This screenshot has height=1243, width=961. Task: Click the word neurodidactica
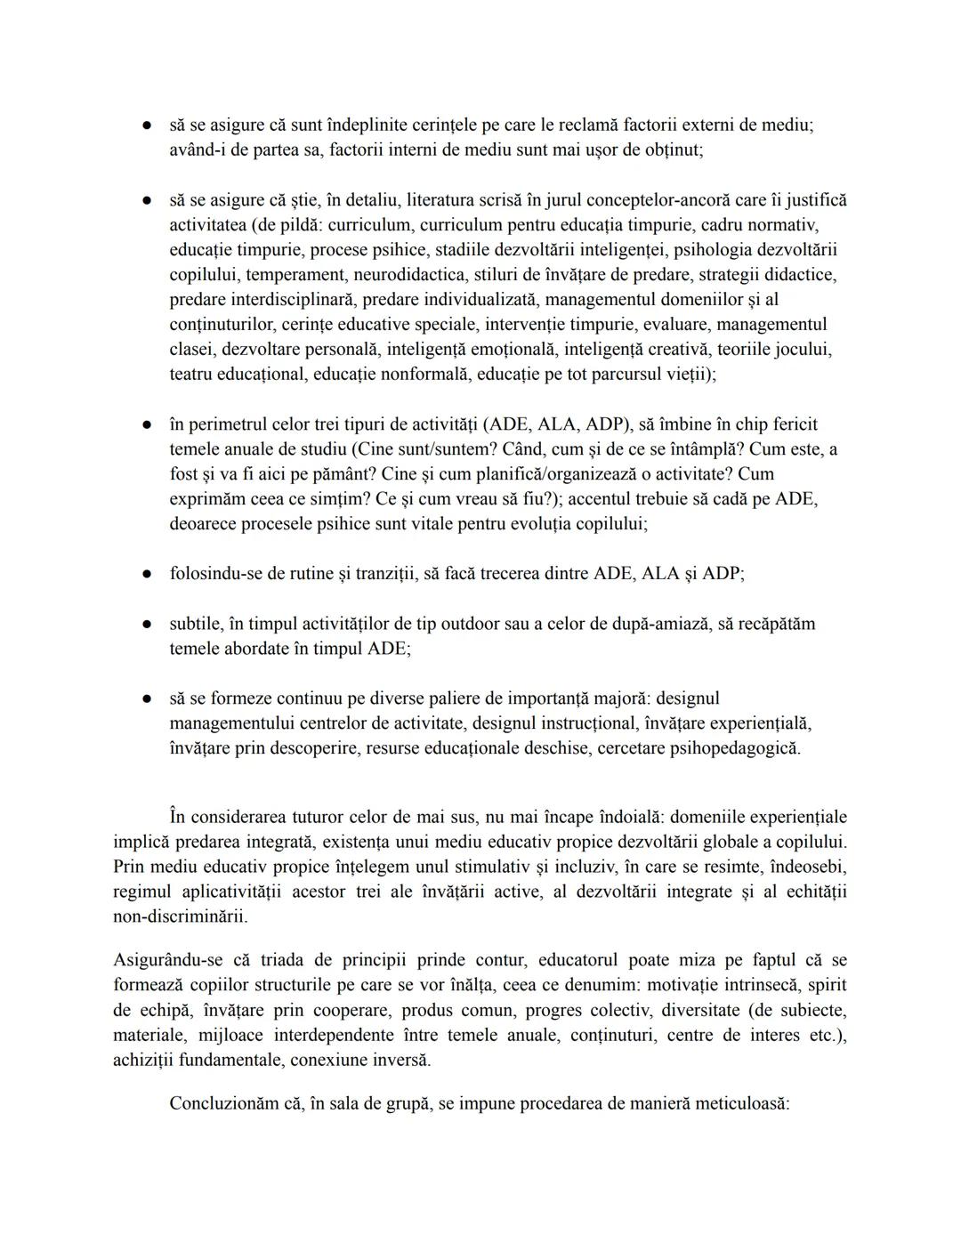pos(409,275)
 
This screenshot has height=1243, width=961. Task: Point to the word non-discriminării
pos(181,916)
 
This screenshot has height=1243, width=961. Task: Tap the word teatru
pos(194,375)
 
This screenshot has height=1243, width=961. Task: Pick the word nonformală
pos(425,375)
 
